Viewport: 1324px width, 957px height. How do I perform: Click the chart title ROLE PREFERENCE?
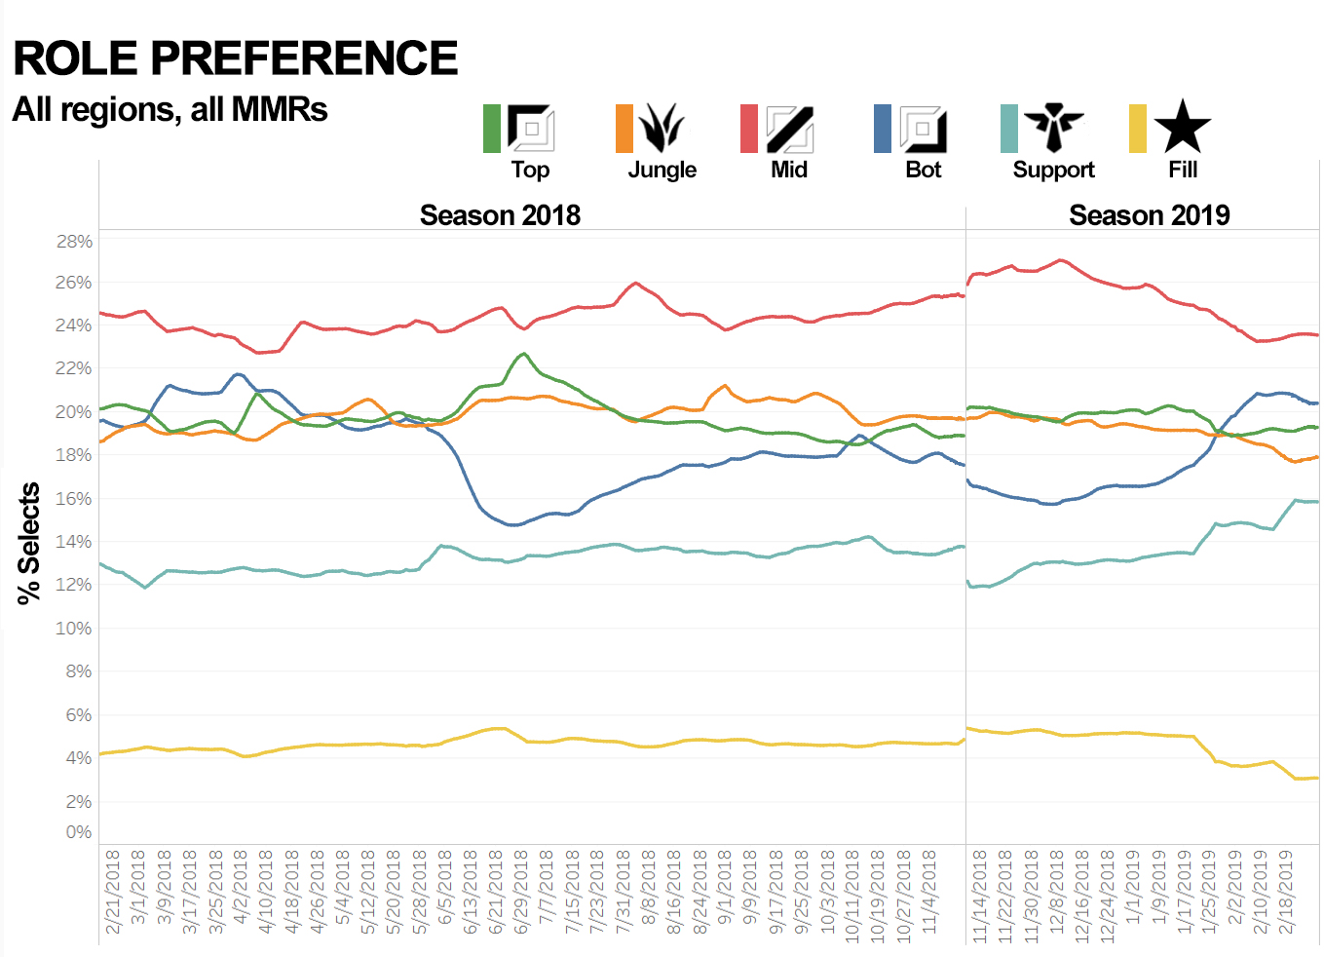tap(235, 58)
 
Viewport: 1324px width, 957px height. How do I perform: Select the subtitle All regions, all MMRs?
tap(170, 109)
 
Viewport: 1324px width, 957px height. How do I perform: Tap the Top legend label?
tap(530, 170)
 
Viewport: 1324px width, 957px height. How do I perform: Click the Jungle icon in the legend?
tap(662, 128)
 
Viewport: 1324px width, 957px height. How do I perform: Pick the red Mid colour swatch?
tap(748, 129)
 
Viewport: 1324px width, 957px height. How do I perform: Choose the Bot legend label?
tap(923, 170)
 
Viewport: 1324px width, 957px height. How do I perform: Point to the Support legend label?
tap(1053, 170)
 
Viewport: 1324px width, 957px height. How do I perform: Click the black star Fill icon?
tap(1182, 127)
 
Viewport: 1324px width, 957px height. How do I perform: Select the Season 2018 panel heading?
tap(500, 215)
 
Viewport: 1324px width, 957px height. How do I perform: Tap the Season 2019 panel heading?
tap(1149, 215)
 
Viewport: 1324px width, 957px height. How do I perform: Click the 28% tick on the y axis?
tap(74, 241)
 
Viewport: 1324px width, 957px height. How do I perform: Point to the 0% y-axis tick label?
tap(79, 832)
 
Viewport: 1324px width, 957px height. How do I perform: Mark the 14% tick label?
tap(74, 542)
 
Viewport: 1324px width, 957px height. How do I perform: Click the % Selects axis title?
tap(29, 543)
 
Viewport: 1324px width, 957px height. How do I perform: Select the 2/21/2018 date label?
tap(113, 891)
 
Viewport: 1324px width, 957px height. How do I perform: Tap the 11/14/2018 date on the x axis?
tap(980, 895)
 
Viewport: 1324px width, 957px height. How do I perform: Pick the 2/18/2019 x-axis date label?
tap(1286, 891)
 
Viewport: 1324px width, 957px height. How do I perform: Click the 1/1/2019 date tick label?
tap(1133, 891)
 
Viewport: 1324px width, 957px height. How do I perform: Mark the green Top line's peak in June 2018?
tap(524, 354)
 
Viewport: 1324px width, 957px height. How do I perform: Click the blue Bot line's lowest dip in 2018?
tap(514, 524)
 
